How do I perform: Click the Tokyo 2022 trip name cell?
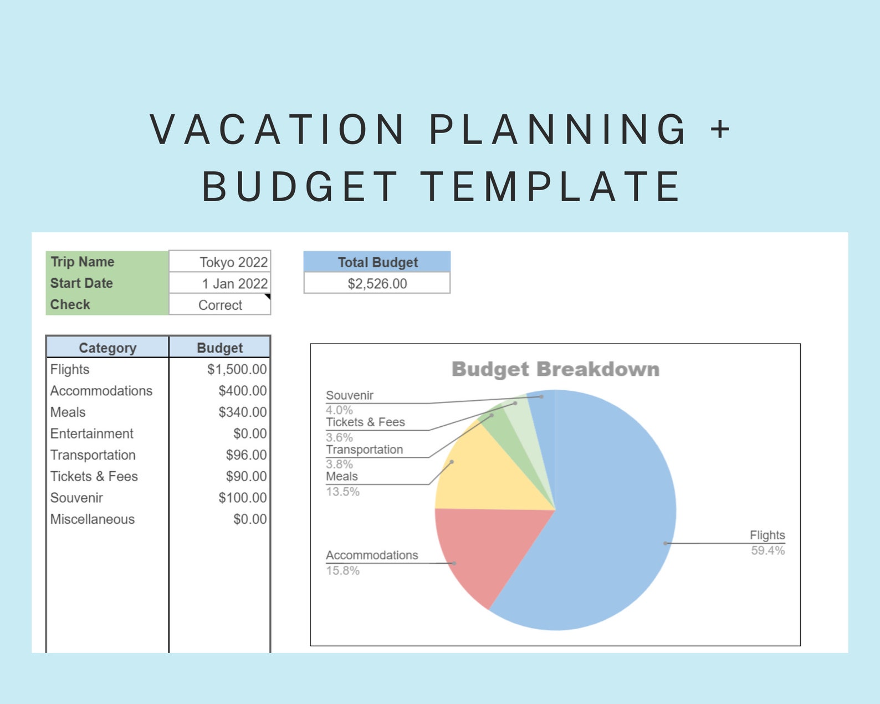[x=220, y=262]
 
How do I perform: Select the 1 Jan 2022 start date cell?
[x=220, y=284]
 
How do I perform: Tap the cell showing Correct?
[x=220, y=305]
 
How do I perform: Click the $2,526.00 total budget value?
[x=377, y=284]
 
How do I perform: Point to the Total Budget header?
[x=377, y=262]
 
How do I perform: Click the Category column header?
[x=108, y=348]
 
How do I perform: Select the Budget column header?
[x=220, y=348]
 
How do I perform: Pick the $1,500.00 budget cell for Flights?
[x=237, y=369]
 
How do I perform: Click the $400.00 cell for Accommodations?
[x=242, y=391]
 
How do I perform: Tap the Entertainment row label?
[x=92, y=433]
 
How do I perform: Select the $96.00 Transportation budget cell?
[x=246, y=455]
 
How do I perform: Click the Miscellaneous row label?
[x=93, y=519]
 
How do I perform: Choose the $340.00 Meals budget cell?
[x=242, y=412]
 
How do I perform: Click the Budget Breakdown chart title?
[x=555, y=369]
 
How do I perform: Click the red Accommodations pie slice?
[x=482, y=549]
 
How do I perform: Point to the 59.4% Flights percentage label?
[x=768, y=550]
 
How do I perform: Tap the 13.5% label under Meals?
[x=342, y=492]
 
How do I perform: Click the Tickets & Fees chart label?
[x=365, y=422]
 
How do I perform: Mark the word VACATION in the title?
[x=277, y=130]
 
